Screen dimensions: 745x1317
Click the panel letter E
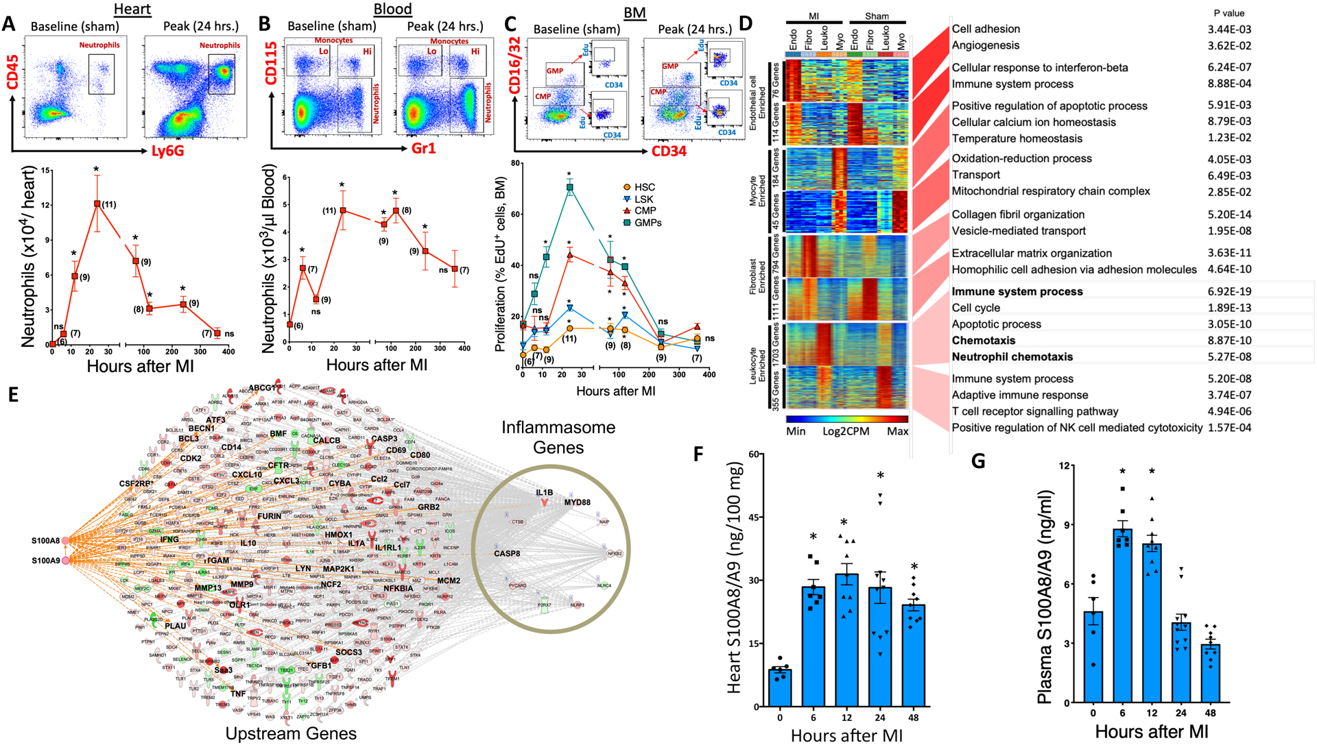tap(13, 395)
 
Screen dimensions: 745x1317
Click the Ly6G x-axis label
tap(167, 151)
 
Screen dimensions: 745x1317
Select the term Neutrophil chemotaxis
tap(1012, 356)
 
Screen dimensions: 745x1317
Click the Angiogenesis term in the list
tap(985, 45)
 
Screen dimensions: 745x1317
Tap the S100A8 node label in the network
tap(45, 541)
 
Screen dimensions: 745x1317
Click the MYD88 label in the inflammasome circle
tap(577, 502)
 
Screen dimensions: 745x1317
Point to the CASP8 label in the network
tap(507, 554)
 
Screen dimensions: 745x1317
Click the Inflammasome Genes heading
tap(558, 437)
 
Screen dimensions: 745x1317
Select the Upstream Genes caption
tap(291, 733)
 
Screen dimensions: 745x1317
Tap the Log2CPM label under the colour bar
tap(846, 431)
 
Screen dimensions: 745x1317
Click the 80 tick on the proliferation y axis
tap(514, 164)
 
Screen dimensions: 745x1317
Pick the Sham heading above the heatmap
tap(877, 16)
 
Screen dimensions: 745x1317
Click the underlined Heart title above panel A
tap(132, 9)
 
